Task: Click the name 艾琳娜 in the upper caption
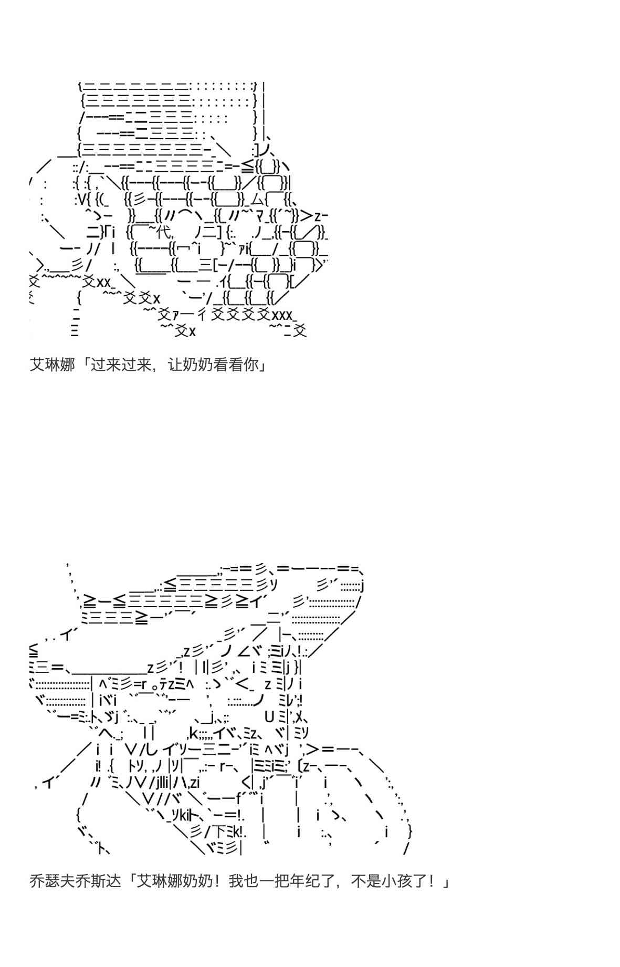(52, 364)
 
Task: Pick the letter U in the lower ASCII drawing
(269, 716)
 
